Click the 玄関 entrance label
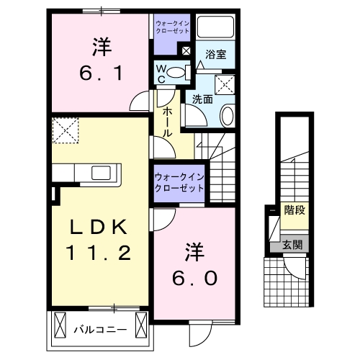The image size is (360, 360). pyautogui.click(x=292, y=246)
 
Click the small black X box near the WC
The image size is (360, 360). pyautogui.click(x=186, y=51)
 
